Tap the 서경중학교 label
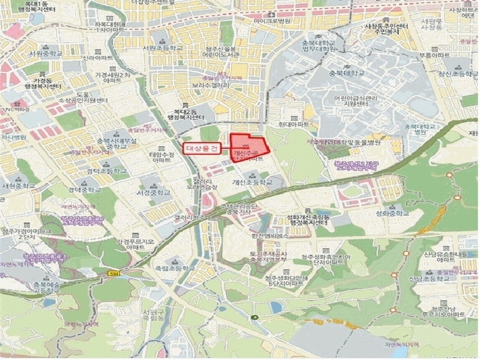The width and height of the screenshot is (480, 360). click(x=154, y=193)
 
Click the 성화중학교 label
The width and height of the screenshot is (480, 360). click(x=395, y=212)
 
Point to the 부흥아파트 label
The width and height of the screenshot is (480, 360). click(x=434, y=55)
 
